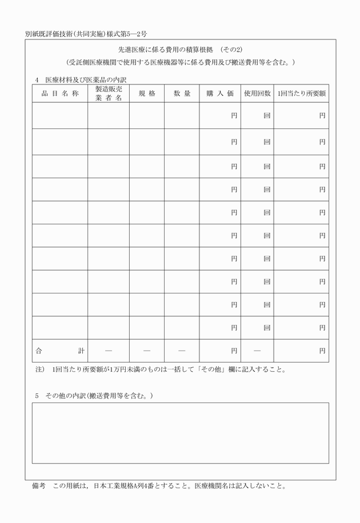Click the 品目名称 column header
(x=59, y=94)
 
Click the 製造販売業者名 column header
(x=108, y=94)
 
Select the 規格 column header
(x=146, y=94)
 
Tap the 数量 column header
(x=182, y=94)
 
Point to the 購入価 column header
(x=220, y=94)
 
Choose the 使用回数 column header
(x=257, y=94)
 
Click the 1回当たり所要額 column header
(x=301, y=94)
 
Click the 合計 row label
(x=59, y=351)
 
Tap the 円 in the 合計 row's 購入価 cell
(x=234, y=351)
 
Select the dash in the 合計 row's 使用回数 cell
(x=257, y=351)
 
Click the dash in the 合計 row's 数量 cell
(x=182, y=351)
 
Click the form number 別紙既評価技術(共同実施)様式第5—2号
(x=86, y=34)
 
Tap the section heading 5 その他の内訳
(x=94, y=396)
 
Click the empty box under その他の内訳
(x=180, y=433)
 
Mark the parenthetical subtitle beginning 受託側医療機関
(x=180, y=62)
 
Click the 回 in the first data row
(x=267, y=116)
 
